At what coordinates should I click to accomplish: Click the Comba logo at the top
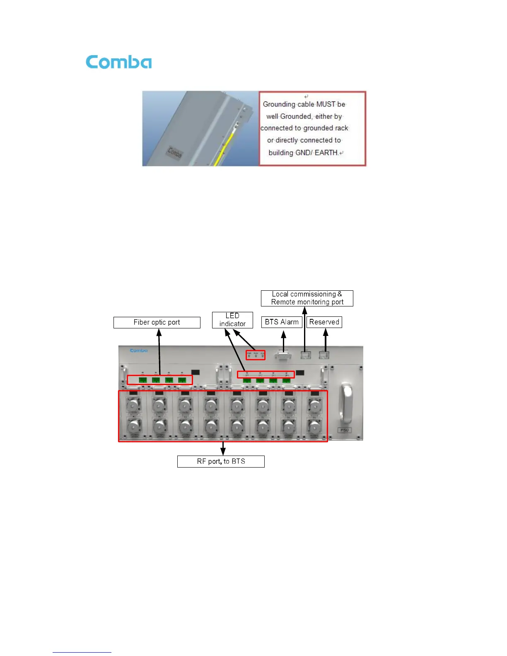tap(118, 62)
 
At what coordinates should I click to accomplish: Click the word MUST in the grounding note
tap(326, 104)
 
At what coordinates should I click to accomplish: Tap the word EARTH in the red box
tap(326, 153)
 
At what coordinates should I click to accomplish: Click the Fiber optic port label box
tap(157, 322)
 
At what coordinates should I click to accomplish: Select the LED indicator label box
tap(232, 320)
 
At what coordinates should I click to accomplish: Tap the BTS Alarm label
tap(282, 322)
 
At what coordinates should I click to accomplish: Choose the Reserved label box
tap(324, 322)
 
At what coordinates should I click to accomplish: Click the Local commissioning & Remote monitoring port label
tap(307, 298)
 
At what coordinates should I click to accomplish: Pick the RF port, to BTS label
tap(221, 461)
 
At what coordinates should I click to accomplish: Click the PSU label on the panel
tap(344, 430)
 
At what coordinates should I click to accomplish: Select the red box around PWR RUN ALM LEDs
tap(256, 355)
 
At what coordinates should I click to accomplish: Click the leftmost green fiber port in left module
tap(143, 380)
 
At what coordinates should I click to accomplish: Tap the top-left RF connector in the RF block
tap(133, 405)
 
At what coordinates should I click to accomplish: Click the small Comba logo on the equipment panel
tap(139, 350)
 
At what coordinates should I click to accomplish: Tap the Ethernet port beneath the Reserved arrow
tap(324, 355)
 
